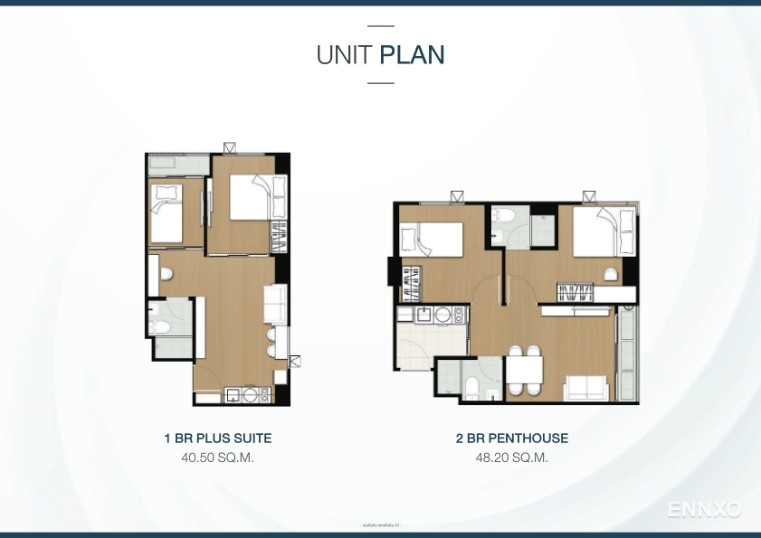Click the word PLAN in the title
coord(413,55)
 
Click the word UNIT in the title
coord(346,55)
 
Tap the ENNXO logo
coord(705,510)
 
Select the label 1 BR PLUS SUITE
coord(217,439)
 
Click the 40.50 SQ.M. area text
coord(217,458)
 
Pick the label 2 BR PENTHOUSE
coord(512,439)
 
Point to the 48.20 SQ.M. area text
coord(512,458)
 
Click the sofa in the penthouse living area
coord(586,389)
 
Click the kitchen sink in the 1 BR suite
coord(233,394)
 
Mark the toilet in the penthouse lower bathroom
coord(471,387)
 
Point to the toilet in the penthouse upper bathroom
coord(503,218)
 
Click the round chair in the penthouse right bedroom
coord(612,273)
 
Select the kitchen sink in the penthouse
coord(423,314)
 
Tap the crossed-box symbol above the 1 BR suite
coord(231,146)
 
